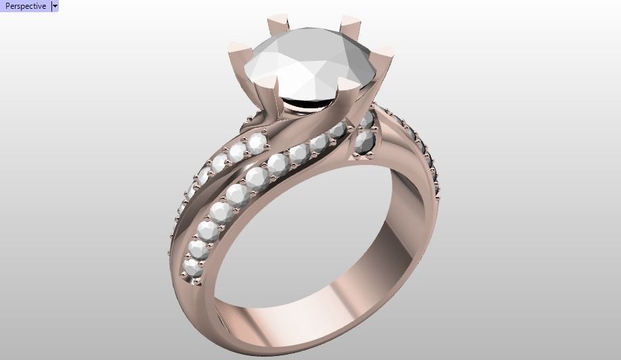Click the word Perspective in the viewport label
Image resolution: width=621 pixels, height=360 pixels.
(x=25, y=6)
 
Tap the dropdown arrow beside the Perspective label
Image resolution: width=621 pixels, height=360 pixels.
(x=55, y=6)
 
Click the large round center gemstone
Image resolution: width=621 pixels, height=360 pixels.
(x=310, y=64)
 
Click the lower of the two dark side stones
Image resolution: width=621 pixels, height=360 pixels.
(x=365, y=142)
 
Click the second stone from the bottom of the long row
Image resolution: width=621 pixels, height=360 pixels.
(x=198, y=248)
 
